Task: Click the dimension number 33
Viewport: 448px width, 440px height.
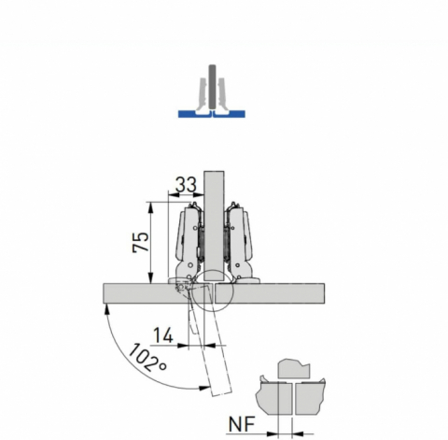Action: pos(186,184)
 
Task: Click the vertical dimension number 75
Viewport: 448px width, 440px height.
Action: pos(141,242)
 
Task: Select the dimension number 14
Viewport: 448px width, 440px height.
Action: pos(163,335)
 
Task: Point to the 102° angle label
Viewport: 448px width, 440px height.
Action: pos(147,358)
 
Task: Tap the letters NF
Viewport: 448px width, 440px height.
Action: pos(242,424)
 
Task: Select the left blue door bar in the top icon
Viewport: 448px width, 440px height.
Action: pos(195,114)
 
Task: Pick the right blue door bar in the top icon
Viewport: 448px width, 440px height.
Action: pos(230,114)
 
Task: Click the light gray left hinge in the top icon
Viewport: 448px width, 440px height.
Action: pos(202,94)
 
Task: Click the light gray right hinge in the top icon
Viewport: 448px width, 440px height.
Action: pos(222,94)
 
